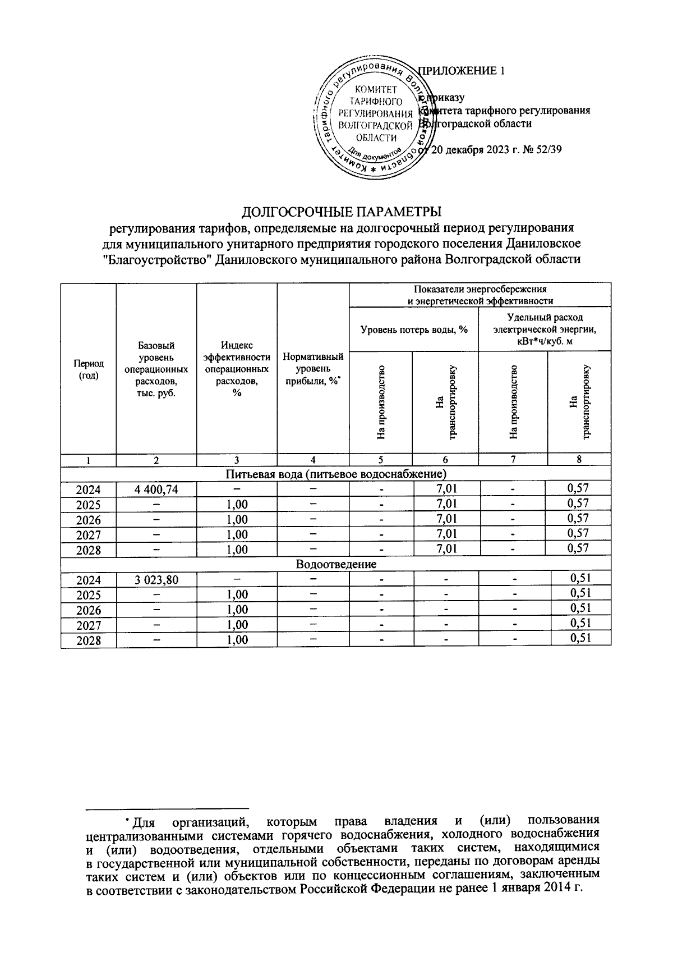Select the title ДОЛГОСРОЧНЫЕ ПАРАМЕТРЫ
tap(341, 212)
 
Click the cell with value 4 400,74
tap(156, 489)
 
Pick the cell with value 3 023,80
tap(156, 579)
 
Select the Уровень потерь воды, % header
tap(413, 330)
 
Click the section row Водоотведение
tap(335, 564)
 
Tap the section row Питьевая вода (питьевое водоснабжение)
tap(335, 474)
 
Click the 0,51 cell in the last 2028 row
tap(580, 638)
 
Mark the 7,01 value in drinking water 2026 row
tap(446, 519)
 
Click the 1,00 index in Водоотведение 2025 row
tap(237, 594)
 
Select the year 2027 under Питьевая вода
tap(88, 534)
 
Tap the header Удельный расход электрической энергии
tap(544, 330)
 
